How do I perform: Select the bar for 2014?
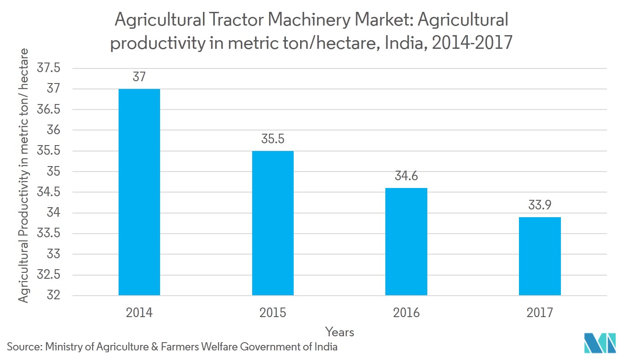tap(139, 192)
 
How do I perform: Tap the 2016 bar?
tap(406, 241)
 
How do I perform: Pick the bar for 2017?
tap(539, 256)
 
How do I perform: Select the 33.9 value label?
tap(539, 205)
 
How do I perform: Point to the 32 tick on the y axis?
tap(53, 295)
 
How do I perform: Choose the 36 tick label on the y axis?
tap(53, 130)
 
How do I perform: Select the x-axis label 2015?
tap(273, 313)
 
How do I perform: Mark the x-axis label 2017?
tap(539, 313)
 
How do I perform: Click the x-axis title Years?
tap(340, 332)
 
